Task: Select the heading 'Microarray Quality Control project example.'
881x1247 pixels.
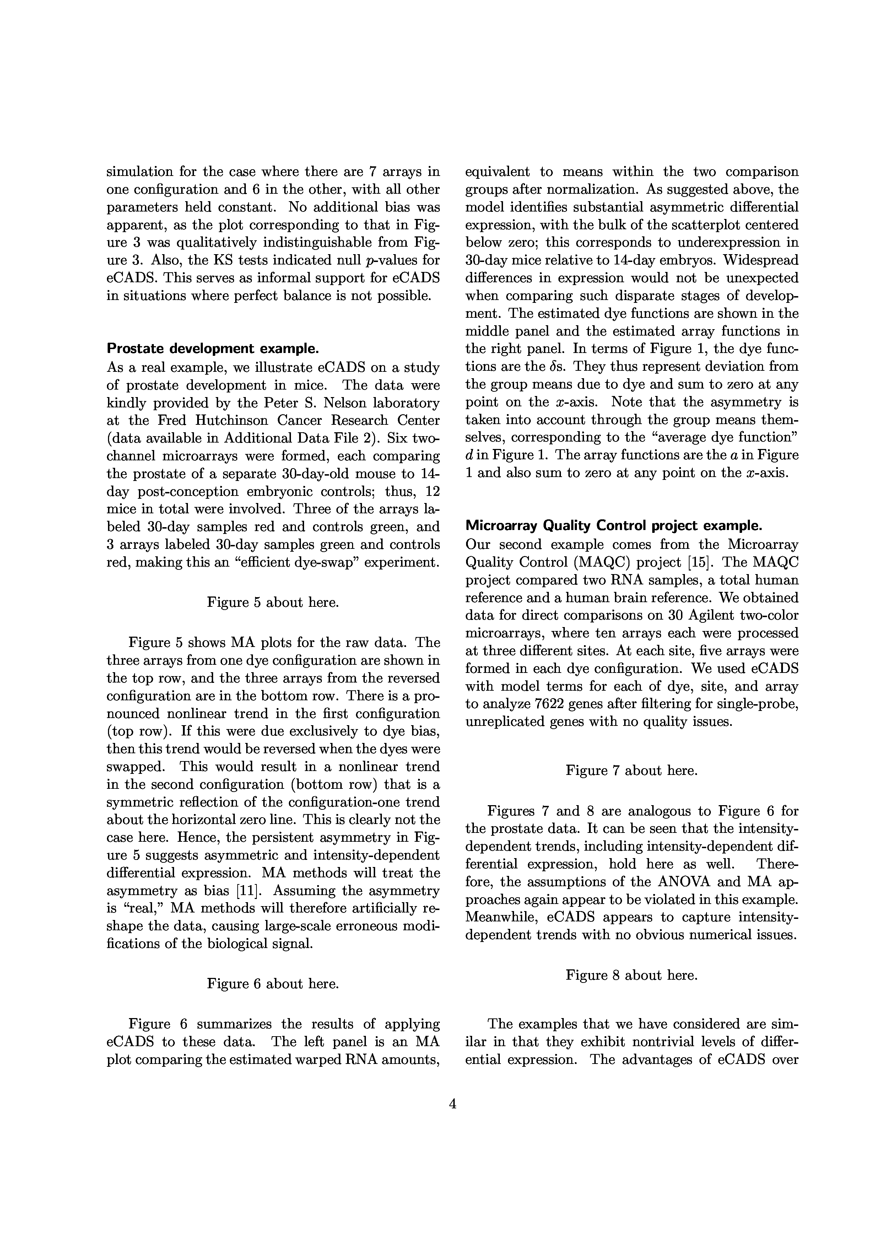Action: click(614, 526)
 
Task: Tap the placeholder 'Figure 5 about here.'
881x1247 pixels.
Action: click(273, 602)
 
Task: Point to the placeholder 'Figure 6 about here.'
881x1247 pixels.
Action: click(273, 984)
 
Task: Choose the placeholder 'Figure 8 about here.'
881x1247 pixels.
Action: click(631, 975)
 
